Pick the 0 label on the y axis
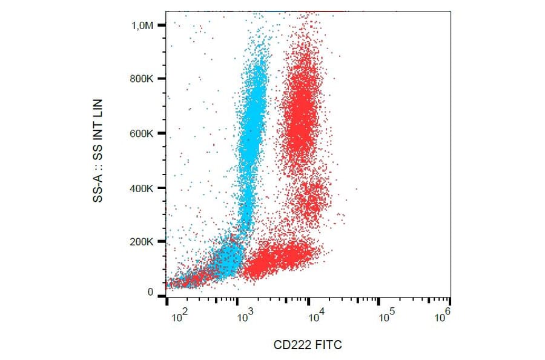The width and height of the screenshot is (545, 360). click(x=150, y=292)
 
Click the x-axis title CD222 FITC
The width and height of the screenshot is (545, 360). click(x=308, y=345)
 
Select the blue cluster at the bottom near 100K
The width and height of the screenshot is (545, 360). click(x=227, y=259)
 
